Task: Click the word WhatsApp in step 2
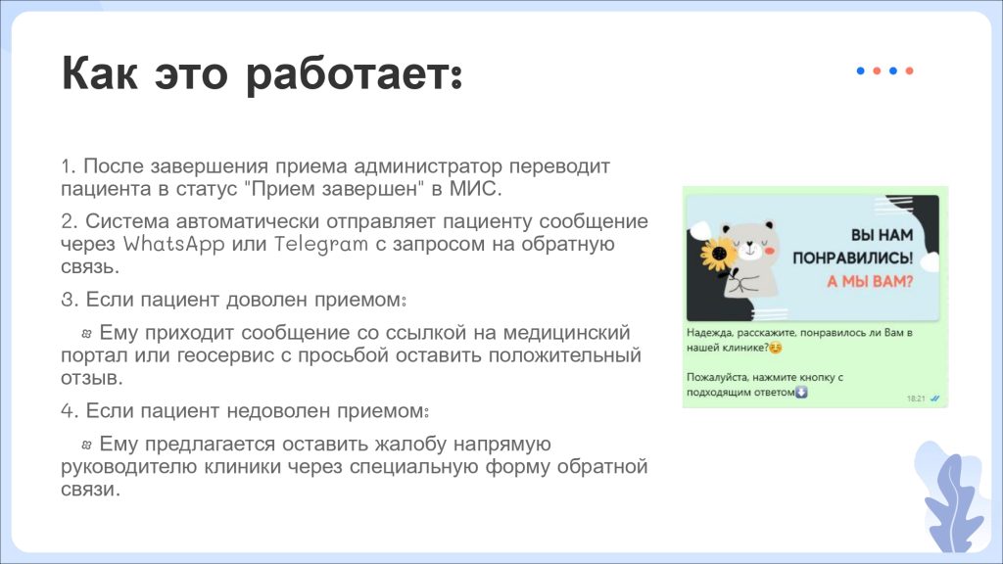(174, 244)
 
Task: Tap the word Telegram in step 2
(321, 244)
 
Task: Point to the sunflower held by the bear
(718, 255)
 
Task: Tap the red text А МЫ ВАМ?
(870, 281)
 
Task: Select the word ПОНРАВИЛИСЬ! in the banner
(853, 258)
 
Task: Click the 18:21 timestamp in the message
(916, 399)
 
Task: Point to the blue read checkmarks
(934, 399)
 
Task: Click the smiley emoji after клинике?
(776, 348)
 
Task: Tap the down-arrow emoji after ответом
(801, 392)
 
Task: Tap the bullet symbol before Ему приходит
(87, 333)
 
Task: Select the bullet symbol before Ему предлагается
(87, 445)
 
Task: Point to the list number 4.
(70, 410)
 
